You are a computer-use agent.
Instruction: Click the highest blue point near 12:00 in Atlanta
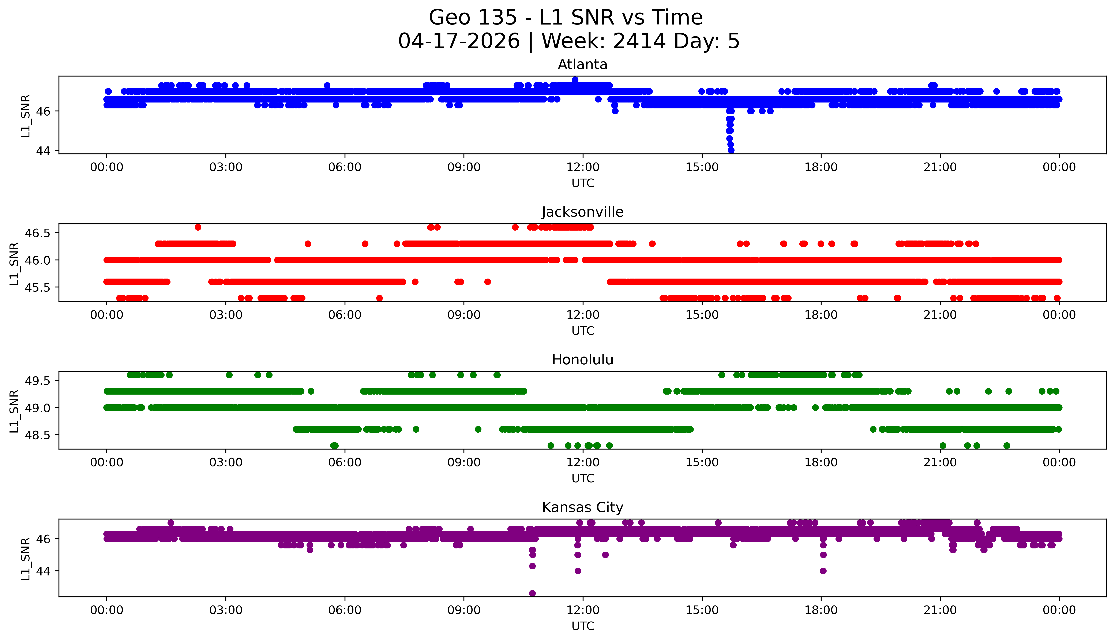[575, 80]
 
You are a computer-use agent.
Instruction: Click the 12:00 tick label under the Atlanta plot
[583, 167]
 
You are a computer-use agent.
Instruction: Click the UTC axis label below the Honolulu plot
[583, 478]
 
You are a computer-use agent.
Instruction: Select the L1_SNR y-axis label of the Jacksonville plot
[14, 263]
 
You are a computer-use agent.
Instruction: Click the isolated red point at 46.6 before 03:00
[198, 227]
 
